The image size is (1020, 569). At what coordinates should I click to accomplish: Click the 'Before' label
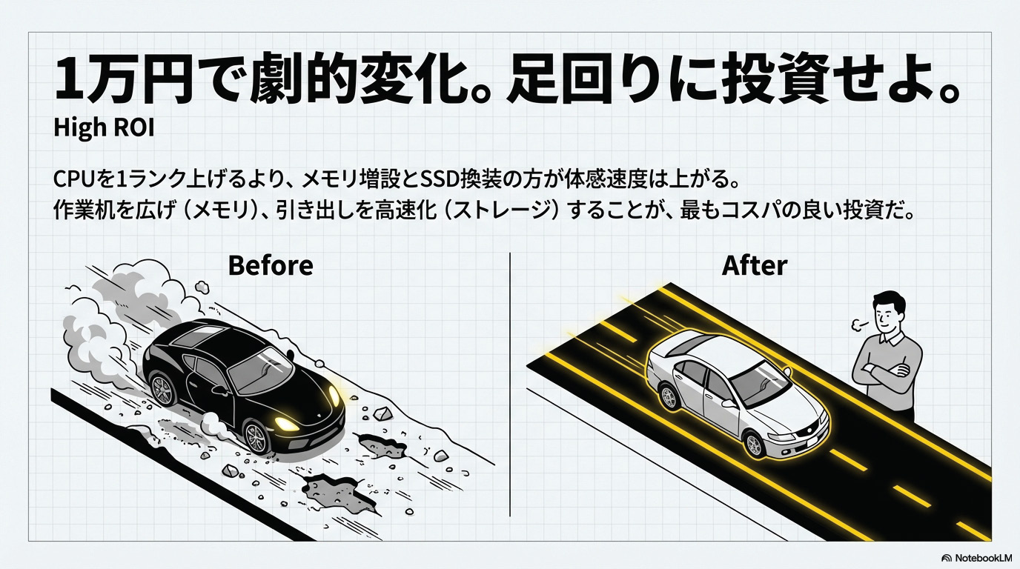[x=270, y=264]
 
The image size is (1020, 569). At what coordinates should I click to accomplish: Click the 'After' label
[x=754, y=264]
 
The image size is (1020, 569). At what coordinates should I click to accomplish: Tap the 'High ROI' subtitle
[x=103, y=128]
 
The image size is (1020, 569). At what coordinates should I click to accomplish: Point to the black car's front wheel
[x=256, y=438]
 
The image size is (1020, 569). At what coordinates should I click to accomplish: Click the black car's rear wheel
[x=162, y=389]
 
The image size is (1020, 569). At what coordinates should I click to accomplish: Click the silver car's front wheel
[x=754, y=445]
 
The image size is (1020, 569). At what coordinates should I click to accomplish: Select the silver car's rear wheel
[x=670, y=396]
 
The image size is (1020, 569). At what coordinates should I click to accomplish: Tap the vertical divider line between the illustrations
[x=511, y=385]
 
